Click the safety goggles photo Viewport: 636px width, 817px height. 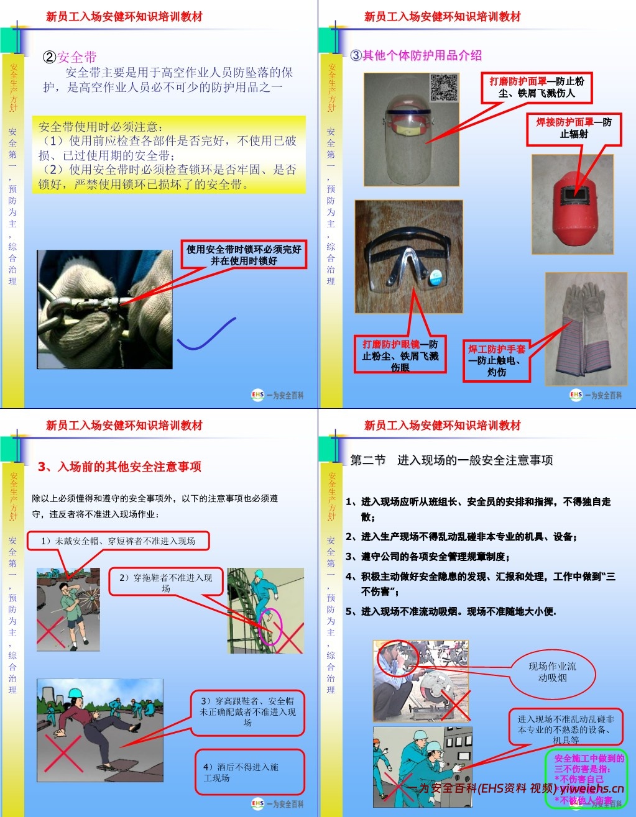(408, 257)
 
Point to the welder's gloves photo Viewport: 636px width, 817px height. (586, 329)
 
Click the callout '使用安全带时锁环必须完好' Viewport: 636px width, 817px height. (244, 255)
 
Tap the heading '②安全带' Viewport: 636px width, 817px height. (70, 57)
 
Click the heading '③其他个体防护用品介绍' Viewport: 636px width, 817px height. (416, 55)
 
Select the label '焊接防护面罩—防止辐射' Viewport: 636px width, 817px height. (574, 129)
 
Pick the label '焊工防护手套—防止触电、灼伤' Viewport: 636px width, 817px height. (497, 360)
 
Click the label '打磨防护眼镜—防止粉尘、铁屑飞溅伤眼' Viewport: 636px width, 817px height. (400, 355)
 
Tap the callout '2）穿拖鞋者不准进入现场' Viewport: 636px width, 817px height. (165, 582)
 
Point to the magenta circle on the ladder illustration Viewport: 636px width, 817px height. (271, 626)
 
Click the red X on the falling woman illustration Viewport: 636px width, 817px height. (63, 753)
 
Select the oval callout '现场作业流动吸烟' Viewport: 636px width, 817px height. (552, 672)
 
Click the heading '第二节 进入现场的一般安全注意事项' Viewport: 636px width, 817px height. (451, 460)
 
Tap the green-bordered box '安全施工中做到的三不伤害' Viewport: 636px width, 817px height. (586, 779)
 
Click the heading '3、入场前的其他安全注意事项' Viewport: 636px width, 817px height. (119, 467)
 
